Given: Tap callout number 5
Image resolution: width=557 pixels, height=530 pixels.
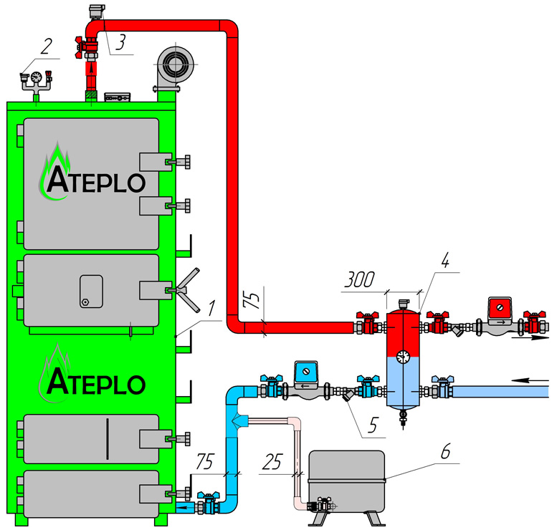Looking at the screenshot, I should tap(371, 425).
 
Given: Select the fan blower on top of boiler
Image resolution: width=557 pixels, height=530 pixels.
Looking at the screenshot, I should tap(173, 67).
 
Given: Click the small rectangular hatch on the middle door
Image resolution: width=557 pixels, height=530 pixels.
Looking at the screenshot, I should tap(91, 291).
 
